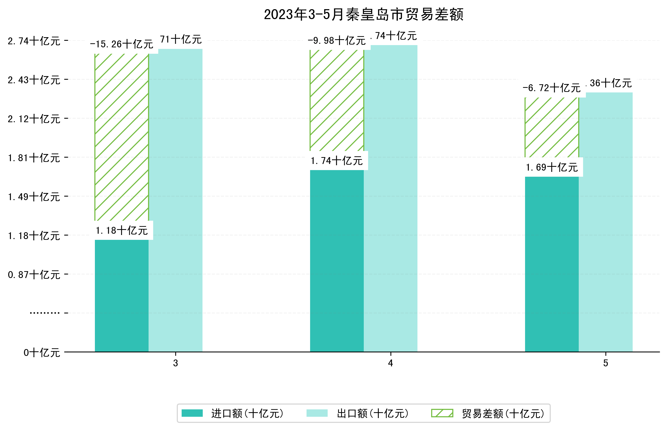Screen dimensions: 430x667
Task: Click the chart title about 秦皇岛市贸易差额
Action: (x=364, y=15)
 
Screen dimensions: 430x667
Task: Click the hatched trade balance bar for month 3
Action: (x=122, y=137)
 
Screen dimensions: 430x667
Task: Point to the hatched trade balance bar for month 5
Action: (x=552, y=127)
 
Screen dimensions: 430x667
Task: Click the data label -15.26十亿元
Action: (x=122, y=44)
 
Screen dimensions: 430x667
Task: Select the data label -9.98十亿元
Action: (x=337, y=41)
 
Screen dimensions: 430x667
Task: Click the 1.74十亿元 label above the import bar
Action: (x=337, y=161)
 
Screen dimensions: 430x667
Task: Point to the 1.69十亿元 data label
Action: (x=552, y=168)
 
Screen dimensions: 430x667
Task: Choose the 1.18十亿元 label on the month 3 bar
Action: (x=122, y=231)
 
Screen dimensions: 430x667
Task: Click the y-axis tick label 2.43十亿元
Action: (x=34, y=80)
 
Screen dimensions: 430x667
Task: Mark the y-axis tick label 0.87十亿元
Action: (x=34, y=275)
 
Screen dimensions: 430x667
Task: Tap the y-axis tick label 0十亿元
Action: (x=42, y=353)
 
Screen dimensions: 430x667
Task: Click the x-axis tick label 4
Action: (x=390, y=363)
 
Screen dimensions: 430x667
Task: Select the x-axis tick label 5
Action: (x=606, y=363)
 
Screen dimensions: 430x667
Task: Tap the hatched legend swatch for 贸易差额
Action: (x=442, y=413)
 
